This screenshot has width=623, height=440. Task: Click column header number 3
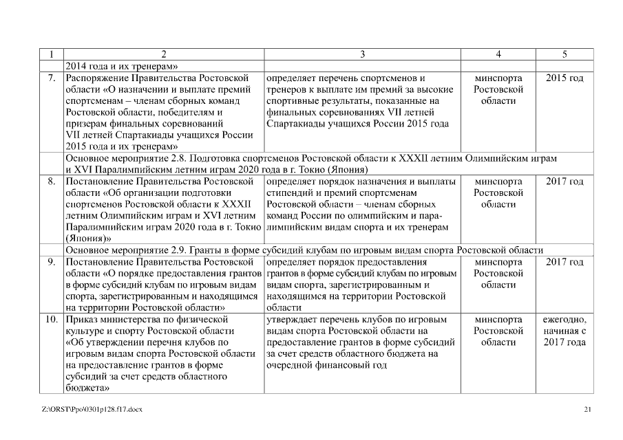point(362,54)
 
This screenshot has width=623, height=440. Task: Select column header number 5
point(564,54)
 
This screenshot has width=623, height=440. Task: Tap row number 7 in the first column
point(52,78)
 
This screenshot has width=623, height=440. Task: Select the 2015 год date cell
point(564,78)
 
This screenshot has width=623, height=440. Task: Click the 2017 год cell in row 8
point(564,182)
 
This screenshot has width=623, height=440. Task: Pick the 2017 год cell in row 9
point(564,263)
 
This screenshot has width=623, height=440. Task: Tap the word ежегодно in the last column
point(564,320)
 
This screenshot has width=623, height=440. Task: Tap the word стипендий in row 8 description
point(290,193)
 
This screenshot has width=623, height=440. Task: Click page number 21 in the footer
point(587,410)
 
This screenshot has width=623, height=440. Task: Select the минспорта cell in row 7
point(498,78)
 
